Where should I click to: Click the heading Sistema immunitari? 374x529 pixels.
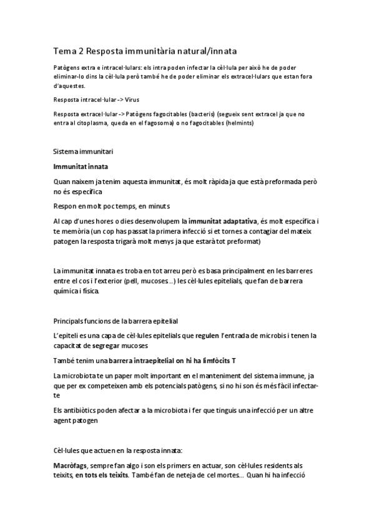coord(83,152)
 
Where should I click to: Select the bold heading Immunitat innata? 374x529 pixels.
coord(81,167)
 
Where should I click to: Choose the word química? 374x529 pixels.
coord(68,291)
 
